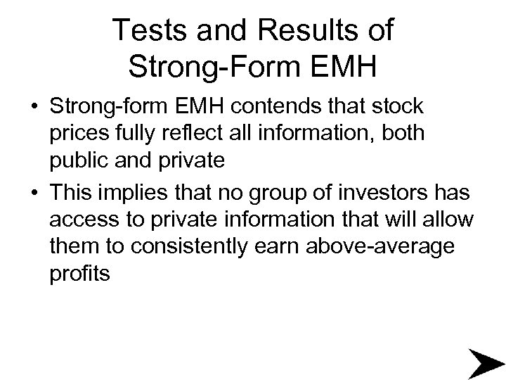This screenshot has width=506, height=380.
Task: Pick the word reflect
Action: coord(188,134)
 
